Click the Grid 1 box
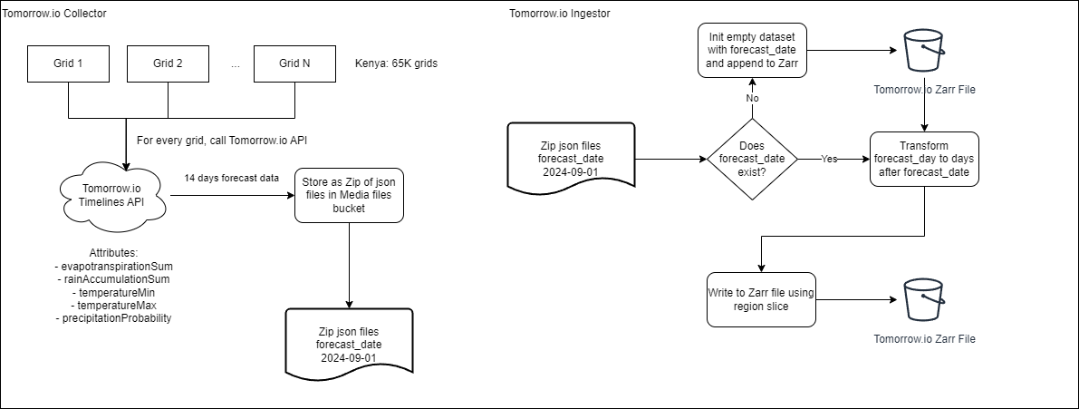click(x=69, y=64)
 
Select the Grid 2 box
click(x=168, y=64)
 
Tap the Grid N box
click(x=294, y=64)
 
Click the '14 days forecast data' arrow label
click(x=231, y=177)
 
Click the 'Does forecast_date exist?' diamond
click(x=751, y=159)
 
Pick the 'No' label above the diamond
click(x=751, y=97)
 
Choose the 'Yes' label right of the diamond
click(x=828, y=159)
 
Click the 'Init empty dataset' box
click(x=751, y=50)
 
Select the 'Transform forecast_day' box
click(x=924, y=159)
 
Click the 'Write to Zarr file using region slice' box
click(x=761, y=299)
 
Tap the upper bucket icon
click(x=924, y=50)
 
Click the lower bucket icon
click(x=924, y=299)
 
